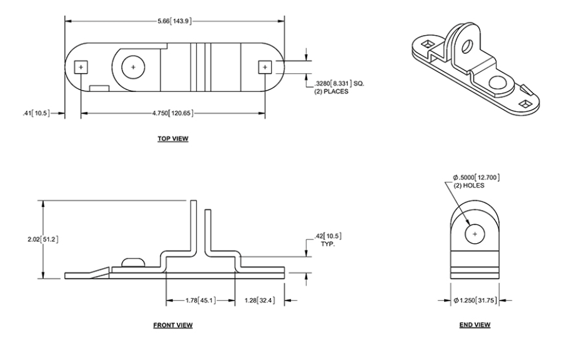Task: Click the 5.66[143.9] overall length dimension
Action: [x=175, y=21]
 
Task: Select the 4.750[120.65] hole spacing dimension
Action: [x=174, y=114]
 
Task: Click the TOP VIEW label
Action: [x=173, y=139]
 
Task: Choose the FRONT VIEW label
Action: [x=173, y=325]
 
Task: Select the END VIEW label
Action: [x=475, y=324]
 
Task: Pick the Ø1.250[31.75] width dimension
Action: [x=476, y=301]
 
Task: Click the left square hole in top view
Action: [x=80, y=67]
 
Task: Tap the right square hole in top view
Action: [x=265, y=67]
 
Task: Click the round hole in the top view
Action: [x=132, y=66]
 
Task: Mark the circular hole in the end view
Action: [x=475, y=233]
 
